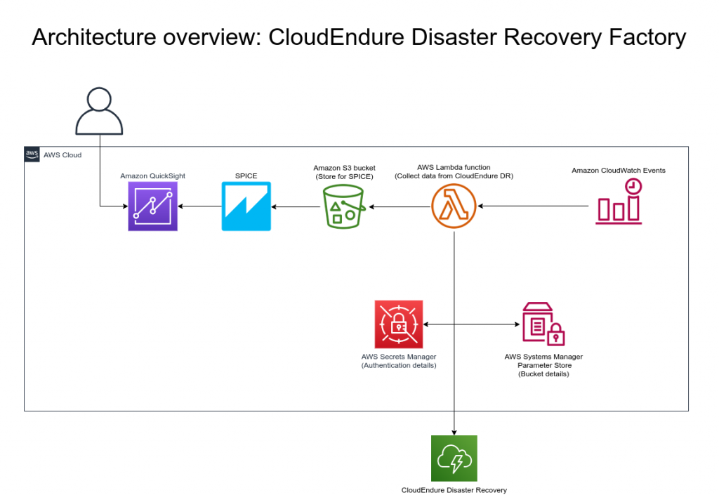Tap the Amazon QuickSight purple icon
pos(153,206)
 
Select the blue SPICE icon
pos(246,206)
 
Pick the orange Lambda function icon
pos(454,206)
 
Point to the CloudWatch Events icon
pos(619,202)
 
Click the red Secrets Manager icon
pos(399,324)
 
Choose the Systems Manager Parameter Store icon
pos(543,324)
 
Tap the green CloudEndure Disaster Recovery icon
pos(454,458)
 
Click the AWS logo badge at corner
pos(32,154)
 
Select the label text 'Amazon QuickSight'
pos(153,176)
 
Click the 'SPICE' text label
pos(246,176)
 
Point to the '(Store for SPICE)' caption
pos(344,176)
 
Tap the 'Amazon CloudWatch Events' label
pos(619,171)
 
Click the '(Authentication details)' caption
pos(399,365)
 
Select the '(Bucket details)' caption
pos(543,374)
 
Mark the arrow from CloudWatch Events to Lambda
pos(534,206)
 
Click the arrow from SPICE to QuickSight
pos(200,206)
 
